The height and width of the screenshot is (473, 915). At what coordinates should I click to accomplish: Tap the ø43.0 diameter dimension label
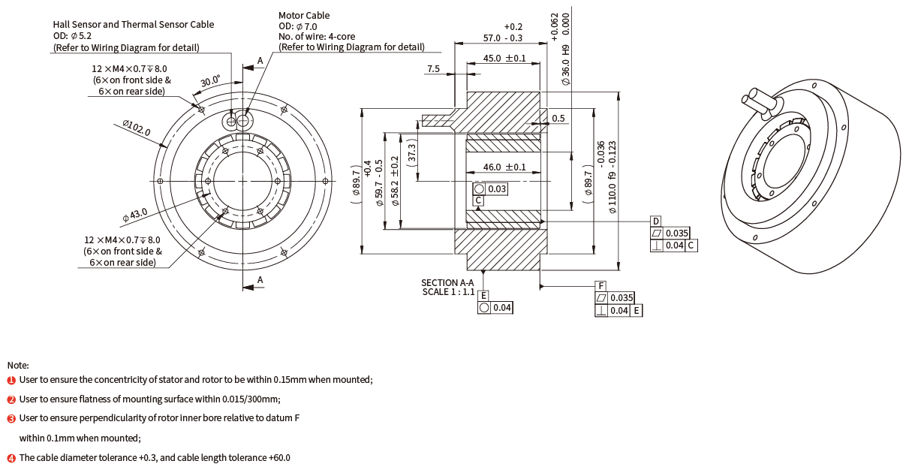[x=134, y=216]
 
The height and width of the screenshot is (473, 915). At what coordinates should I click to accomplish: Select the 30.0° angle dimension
[x=209, y=81]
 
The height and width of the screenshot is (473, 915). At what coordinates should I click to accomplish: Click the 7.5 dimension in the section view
[x=433, y=69]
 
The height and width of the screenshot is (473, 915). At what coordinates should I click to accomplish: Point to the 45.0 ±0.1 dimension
[x=504, y=59]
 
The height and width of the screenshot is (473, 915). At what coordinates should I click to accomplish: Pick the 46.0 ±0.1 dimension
[x=504, y=167]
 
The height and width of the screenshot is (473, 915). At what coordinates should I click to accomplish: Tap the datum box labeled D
[x=655, y=221]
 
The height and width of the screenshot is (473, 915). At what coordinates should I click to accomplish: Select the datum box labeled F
[x=600, y=287]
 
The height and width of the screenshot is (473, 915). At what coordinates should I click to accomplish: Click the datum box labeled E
[x=484, y=296]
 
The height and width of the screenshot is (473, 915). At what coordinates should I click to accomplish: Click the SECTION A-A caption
[x=447, y=282]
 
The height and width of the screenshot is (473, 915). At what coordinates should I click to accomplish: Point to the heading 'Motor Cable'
[x=304, y=15]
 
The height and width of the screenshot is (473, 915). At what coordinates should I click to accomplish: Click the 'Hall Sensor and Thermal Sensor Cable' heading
[x=133, y=24]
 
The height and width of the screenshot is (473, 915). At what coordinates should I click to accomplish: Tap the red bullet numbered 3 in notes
[x=11, y=418]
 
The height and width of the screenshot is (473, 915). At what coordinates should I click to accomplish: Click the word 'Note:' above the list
[x=18, y=365]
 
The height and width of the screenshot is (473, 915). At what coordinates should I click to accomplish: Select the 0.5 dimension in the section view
[x=558, y=119]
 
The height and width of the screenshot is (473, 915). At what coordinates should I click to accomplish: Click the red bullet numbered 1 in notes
[x=11, y=380]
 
